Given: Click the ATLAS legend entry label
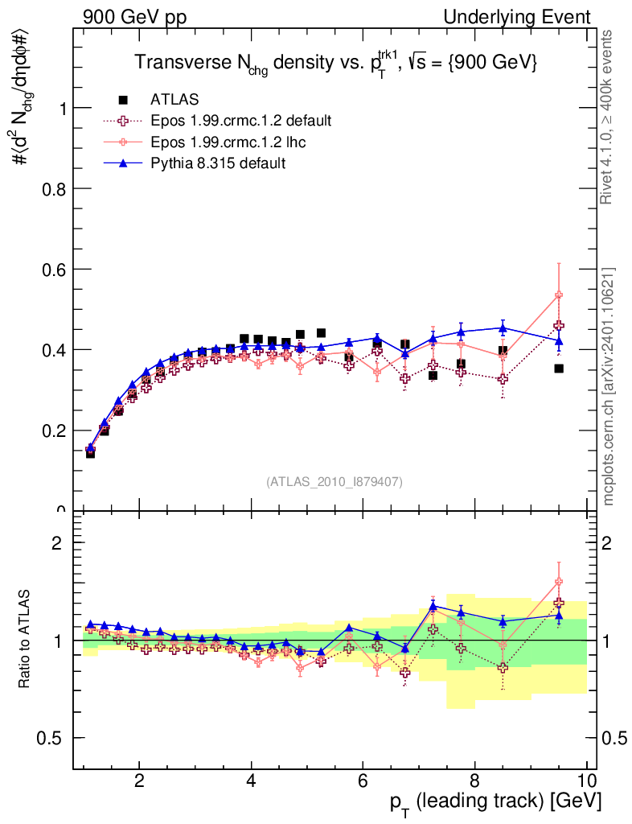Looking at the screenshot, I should pos(174,100).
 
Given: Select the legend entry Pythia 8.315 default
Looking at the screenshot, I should pos(218,163).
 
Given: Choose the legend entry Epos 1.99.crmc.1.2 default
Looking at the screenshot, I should pos(240,121).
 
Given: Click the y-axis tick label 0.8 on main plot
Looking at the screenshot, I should pos(51,188).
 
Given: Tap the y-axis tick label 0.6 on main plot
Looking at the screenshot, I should pos(51,269).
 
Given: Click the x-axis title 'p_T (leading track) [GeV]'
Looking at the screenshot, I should pos(495,801).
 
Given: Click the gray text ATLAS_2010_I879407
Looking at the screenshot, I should pos(334,482).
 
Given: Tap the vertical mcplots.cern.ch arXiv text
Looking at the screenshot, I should pos(609,386).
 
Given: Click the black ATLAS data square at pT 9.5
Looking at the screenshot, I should pos(559,369).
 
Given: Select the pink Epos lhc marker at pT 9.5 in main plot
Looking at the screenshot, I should pos(559,295).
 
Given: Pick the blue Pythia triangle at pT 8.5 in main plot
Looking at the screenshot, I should pos(503,328).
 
